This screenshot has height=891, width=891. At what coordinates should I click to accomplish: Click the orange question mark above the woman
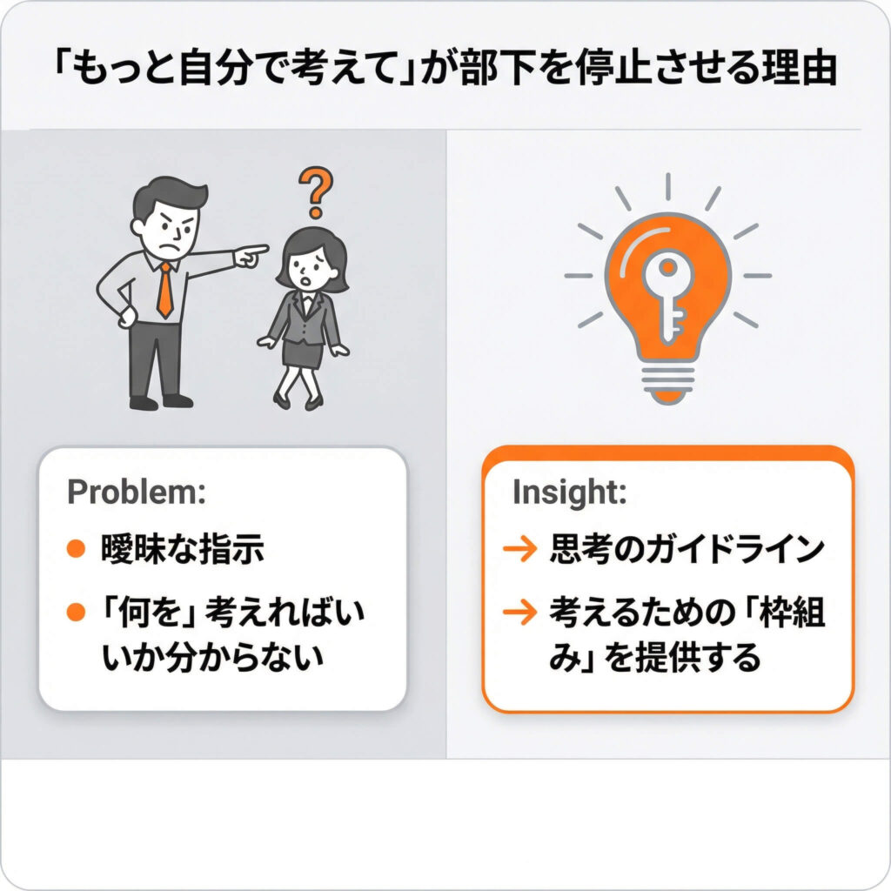coord(316,192)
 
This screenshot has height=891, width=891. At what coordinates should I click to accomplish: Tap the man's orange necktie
coord(164,290)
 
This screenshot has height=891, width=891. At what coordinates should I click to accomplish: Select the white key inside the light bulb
coord(667,298)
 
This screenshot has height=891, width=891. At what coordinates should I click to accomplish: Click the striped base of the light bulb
coord(667,383)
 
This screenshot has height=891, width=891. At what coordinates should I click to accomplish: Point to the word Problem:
coord(137,492)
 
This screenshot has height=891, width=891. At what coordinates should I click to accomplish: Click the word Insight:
coord(569,492)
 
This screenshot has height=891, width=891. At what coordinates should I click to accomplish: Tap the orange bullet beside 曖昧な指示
coord(76,548)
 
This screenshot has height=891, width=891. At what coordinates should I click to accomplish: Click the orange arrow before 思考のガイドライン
coord(520,548)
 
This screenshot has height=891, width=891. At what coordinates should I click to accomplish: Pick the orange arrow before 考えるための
coord(520,612)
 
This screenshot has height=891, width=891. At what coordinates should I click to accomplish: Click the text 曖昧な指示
coord(183,549)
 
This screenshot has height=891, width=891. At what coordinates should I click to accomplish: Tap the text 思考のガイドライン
coord(687,549)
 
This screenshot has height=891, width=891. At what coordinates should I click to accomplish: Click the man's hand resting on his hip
coord(128,316)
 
